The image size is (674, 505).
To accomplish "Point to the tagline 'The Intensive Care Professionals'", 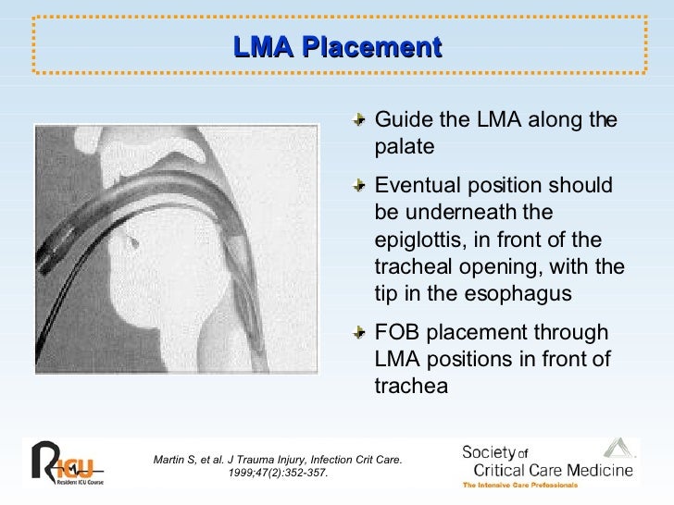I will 521,485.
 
